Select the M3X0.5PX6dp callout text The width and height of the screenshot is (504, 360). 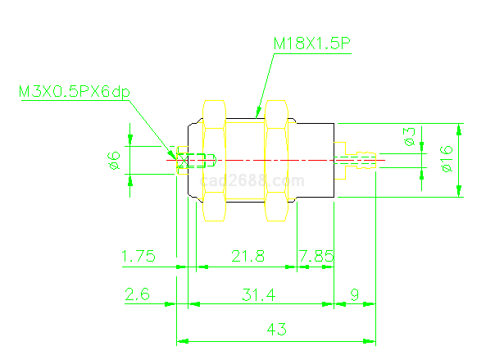click(x=75, y=91)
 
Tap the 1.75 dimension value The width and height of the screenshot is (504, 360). click(x=138, y=257)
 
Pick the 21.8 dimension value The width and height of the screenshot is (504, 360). click(x=247, y=257)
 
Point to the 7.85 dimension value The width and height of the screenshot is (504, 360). click(x=316, y=257)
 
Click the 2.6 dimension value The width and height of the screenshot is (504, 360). click(x=137, y=294)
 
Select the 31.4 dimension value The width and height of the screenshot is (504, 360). click(x=258, y=294)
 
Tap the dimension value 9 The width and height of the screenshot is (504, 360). click(x=354, y=294)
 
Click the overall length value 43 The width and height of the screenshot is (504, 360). click(x=277, y=330)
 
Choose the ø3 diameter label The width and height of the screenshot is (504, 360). click(x=409, y=137)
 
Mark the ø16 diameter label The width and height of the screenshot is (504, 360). click(x=446, y=158)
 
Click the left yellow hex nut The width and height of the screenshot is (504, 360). click(x=214, y=160)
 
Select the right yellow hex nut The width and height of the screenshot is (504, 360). click(x=275, y=160)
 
